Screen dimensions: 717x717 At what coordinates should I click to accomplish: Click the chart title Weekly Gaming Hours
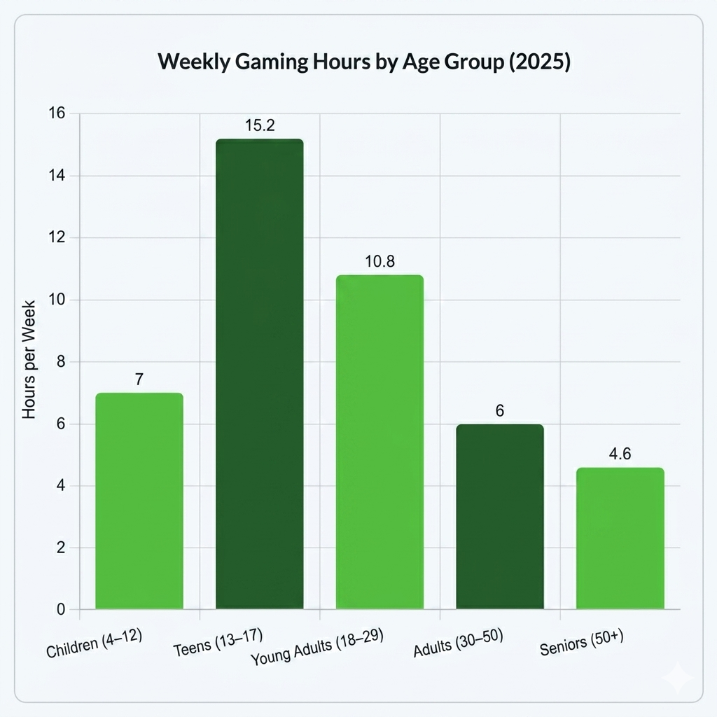(364, 62)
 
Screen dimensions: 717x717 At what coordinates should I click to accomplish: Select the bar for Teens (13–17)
(259, 374)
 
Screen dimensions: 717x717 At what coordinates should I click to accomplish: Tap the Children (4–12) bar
(139, 501)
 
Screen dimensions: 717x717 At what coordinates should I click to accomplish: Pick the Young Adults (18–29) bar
(380, 442)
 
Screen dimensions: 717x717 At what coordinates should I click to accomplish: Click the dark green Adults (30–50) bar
(499, 517)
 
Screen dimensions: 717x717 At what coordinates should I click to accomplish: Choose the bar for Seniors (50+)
(620, 538)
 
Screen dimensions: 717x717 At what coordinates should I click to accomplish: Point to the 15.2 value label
(260, 126)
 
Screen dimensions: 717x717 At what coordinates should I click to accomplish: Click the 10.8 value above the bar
(380, 262)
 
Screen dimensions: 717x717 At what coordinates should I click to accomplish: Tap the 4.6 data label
(620, 454)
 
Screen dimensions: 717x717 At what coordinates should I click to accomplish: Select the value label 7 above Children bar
(139, 380)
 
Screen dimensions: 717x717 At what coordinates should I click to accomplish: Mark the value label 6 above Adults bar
(499, 411)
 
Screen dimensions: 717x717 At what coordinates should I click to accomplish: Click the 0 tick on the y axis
(61, 610)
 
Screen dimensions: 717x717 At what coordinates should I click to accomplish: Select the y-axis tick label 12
(57, 237)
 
